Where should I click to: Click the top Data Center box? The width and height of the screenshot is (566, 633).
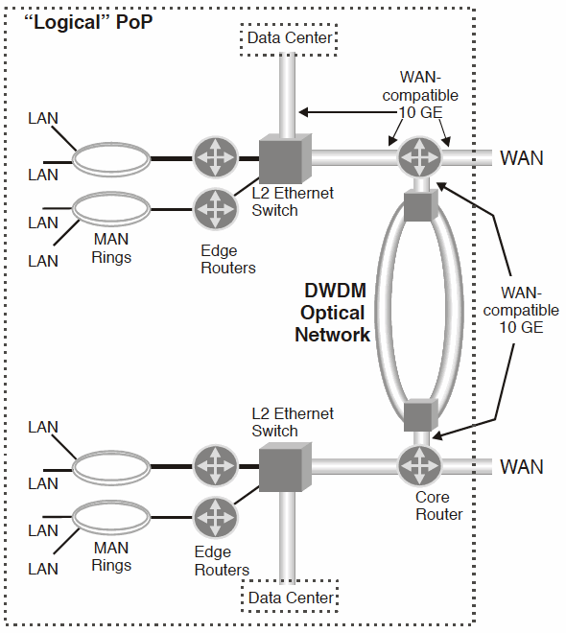290,37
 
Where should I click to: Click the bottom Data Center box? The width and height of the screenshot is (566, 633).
290,598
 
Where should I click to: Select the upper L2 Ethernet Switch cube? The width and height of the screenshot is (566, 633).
282,157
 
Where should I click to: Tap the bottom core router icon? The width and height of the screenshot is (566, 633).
419,466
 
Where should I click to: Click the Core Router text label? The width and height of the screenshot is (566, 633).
439,505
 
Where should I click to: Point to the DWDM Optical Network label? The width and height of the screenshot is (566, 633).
332,313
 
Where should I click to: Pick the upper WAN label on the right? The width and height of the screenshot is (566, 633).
521,157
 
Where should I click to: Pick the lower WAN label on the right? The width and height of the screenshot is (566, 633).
521,467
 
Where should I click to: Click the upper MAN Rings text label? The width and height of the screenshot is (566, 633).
112,248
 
